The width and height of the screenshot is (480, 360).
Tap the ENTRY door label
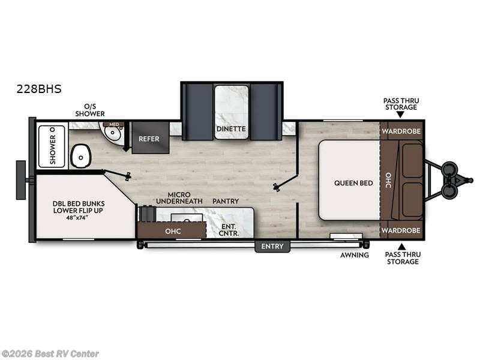point(272,247)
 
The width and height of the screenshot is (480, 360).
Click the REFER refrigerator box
point(149,139)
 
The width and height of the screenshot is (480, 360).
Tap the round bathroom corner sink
point(111,134)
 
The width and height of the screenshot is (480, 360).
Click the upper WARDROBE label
point(401,131)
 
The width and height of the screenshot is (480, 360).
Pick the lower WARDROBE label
point(401,231)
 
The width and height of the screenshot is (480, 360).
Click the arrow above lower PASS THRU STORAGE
point(401,246)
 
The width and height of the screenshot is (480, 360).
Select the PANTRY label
point(226,201)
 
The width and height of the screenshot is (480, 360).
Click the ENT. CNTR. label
point(227,230)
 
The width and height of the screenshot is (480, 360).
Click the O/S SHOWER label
point(90,110)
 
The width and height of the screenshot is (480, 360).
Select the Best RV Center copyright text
point(50,354)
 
